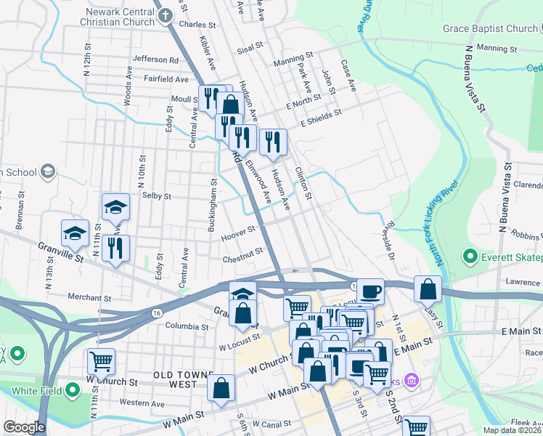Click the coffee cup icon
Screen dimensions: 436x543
370,291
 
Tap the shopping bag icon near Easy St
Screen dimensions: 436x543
428,288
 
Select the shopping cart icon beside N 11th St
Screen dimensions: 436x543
101,360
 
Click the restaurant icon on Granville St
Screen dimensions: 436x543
115,249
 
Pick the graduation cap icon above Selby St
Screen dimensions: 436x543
115,207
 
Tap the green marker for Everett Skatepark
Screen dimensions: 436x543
470,257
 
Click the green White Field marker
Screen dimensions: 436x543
73,391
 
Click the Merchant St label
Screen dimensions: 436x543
89,298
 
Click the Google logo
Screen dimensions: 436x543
25,427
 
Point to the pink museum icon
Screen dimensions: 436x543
412,380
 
